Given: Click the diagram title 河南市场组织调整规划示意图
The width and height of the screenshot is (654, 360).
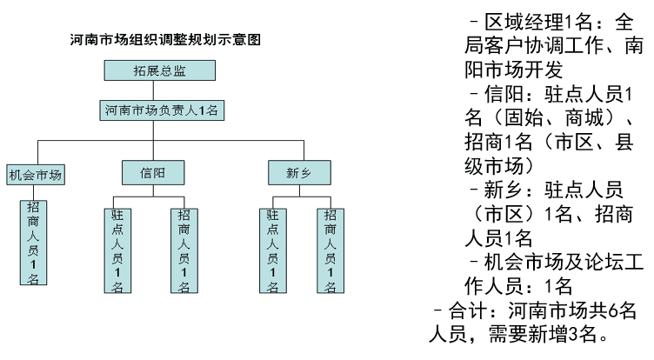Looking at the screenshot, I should (x=166, y=40).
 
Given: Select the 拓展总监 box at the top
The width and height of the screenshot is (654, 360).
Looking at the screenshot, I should (x=159, y=70).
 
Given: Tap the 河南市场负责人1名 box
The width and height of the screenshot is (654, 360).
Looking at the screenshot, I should (x=159, y=110).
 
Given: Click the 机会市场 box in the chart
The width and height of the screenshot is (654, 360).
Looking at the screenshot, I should (x=36, y=174).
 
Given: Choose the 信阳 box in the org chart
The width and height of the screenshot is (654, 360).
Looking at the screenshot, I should (x=153, y=172).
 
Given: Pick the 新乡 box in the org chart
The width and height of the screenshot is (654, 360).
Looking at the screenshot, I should (x=298, y=172).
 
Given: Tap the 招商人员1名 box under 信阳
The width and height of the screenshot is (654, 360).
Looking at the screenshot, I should (x=184, y=250).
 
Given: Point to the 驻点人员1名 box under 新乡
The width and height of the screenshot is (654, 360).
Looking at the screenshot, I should (x=272, y=250).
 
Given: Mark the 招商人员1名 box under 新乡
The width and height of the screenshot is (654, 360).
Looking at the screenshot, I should (x=330, y=250).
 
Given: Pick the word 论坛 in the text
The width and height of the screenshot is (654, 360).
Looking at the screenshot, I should (x=597, y=263).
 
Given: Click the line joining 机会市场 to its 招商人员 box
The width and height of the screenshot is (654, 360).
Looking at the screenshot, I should (x=33, y=191).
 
